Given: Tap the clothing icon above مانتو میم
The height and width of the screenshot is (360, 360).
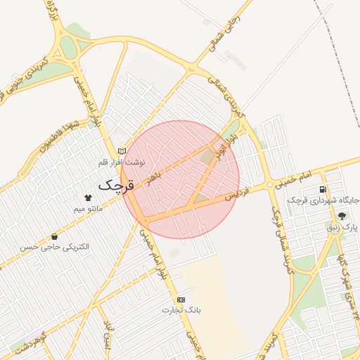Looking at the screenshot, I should tap(88, 199).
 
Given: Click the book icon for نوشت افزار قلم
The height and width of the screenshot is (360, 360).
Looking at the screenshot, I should tap(122, 151).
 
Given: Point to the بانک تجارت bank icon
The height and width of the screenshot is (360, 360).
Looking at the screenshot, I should tap(181, 299).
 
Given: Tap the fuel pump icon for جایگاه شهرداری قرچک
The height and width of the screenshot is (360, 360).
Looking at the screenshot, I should tap(323, 189).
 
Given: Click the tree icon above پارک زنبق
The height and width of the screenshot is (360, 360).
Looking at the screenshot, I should tap(342, 217).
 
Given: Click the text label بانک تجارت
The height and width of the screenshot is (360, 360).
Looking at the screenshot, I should tap(181, 309).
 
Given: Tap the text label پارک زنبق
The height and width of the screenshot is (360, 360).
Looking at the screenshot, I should tap(343, 227).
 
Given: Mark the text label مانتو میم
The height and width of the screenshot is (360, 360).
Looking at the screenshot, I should tap(88, 209).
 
